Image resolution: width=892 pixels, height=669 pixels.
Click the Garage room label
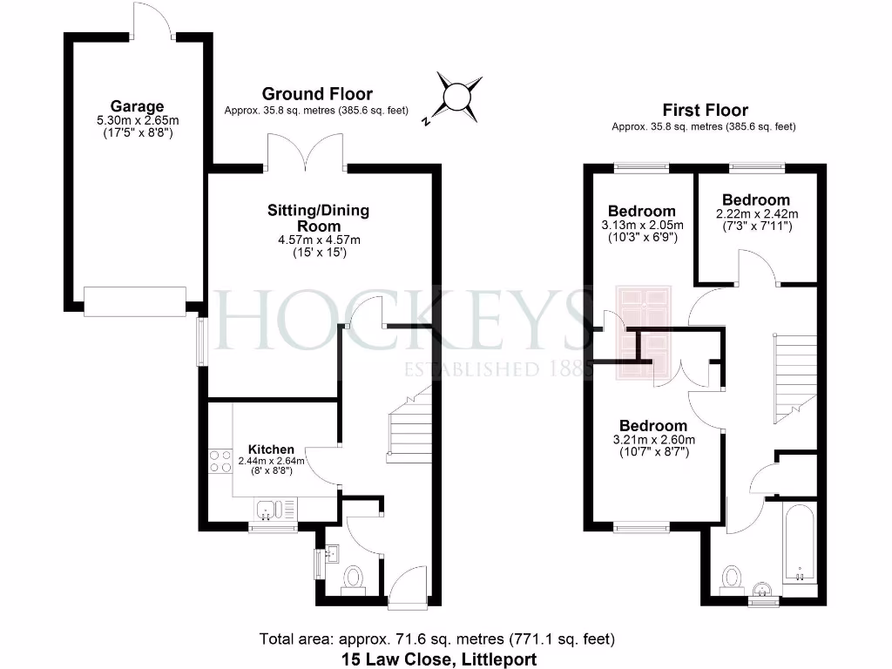click(137, 107)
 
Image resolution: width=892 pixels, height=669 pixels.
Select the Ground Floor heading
click(317, 94)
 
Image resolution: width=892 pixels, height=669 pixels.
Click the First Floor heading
click(705, 111)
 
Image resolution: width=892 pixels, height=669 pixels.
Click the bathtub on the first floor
click(799, 545)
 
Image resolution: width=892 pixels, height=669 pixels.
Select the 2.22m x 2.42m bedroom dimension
click(756, 214)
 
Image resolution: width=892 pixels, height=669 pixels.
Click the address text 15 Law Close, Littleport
click(438, 659)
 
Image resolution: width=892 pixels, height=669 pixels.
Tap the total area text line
click(438, 639)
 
